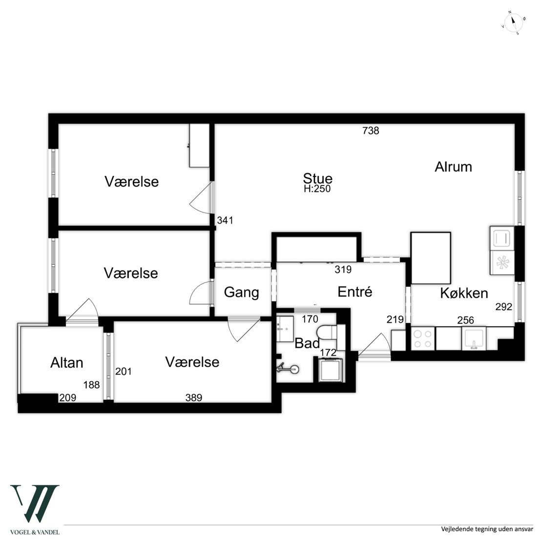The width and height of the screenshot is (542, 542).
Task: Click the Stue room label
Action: click(318, 178)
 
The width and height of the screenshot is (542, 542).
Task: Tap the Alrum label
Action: click(453, 167)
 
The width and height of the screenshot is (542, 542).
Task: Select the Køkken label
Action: click(464, 293)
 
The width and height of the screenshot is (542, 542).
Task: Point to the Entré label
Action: click(354, 292)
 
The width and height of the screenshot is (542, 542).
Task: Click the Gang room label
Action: click(241, 292)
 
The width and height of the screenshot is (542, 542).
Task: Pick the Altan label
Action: click(67, 363)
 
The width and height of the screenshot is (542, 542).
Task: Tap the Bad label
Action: click(307, 344)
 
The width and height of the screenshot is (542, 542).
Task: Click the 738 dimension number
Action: click(371, 131)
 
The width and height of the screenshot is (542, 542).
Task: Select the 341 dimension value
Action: click(225, 220)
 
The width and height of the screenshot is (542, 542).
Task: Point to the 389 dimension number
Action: click(193, 398)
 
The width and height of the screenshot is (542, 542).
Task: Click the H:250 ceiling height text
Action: click(317, 189)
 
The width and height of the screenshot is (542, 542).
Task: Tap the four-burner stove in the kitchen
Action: click(423, 339)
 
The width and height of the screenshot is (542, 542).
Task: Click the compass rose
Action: click(513, 23)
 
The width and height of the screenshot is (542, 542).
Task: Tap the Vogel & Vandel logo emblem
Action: click(35, 503)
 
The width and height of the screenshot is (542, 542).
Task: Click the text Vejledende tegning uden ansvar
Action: click(487, 529)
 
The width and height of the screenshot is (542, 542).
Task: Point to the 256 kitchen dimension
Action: click(466, 320)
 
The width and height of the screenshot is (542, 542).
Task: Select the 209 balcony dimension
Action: click(68, 398)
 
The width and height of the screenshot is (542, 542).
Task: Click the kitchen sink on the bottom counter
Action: click(474, 339)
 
